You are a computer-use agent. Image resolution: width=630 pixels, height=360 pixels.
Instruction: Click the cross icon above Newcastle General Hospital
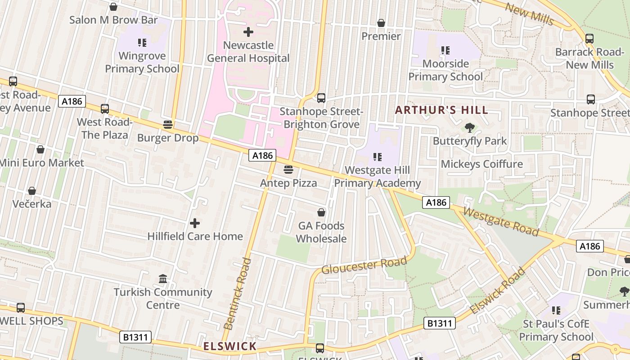coord(248,32)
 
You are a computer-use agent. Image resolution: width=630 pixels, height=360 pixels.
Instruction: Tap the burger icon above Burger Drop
coord(168,125)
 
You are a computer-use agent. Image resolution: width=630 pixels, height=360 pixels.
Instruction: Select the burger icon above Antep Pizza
coord(288,170)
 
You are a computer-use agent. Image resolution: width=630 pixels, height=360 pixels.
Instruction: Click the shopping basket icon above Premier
coord(381,23)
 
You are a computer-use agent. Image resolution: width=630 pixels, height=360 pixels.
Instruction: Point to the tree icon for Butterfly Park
coord(470,128)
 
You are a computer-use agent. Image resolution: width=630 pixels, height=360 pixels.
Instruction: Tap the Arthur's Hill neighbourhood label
coord(441,110)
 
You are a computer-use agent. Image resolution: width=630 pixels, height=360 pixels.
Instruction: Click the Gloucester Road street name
coord(364,264)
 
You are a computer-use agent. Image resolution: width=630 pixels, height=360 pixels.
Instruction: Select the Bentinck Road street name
coord(237,293)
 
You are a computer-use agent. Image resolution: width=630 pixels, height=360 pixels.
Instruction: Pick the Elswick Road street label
coord(497,291)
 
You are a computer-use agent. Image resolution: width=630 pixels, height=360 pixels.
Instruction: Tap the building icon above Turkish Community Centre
coord(163,279)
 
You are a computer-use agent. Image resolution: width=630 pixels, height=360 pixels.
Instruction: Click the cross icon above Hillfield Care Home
coord(195,223)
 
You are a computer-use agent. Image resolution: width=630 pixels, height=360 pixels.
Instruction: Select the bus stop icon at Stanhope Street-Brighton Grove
coord(321,98)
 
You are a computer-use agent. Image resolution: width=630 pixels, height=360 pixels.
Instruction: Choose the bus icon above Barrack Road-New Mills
coord(589,39)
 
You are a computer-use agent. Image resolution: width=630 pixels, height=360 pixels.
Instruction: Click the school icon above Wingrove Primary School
coord(142,43)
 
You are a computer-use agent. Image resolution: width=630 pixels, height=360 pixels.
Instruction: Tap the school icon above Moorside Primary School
coord(445,50)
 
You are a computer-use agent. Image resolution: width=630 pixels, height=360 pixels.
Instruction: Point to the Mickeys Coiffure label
coord(481,164)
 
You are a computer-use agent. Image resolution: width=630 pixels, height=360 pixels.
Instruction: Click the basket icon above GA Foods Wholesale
coord(321,212)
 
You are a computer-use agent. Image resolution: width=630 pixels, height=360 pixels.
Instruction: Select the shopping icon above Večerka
coord(32,191)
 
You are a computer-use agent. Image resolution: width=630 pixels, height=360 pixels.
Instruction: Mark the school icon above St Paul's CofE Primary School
coord(556,310)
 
